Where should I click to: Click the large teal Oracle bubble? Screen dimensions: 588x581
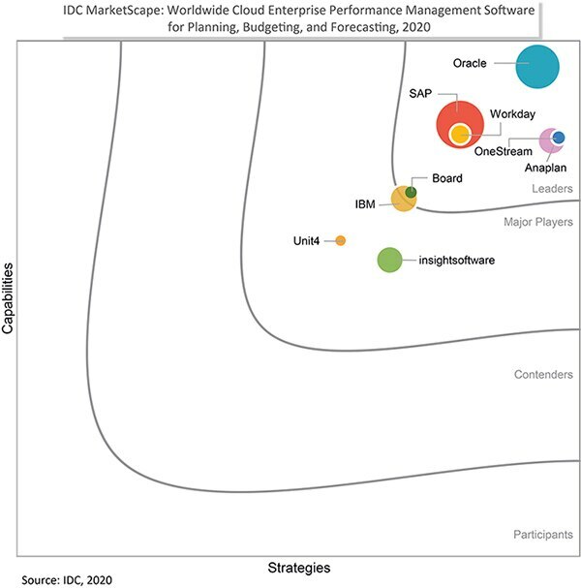pyautogui.click(x=537, y=66)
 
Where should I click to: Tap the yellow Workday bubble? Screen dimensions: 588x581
pyautogui.click(x=459, y=135)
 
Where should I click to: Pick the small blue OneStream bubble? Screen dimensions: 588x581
pyautogui.click(x=559, y=138)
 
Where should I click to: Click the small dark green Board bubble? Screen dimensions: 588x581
pyautogui.click(x=411, y=192)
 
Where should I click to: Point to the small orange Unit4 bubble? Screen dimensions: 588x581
pyautogui.click(x=340, y=240)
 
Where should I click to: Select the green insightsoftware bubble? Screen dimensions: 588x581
pyautogui.click(x=388, y=260)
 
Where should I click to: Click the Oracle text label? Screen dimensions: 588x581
pyautogui.click(x=470, y=64)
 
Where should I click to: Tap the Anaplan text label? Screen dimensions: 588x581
pyautogui.click(x=545, y=168)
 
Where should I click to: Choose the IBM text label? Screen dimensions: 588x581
pyautogui.click(x=366, y=204)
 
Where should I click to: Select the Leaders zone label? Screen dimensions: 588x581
pyautogui.click(x=552, y=189)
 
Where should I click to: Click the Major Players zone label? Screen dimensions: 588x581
pyautogui.click(x=538, y=222)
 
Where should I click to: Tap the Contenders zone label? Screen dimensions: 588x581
pyautogui.click(x=543, y=374)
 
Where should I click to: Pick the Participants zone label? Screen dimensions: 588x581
pyautogui.click(x=543, y=534)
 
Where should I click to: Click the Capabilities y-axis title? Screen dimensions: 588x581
pyautogui.click(x=9, y=296)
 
